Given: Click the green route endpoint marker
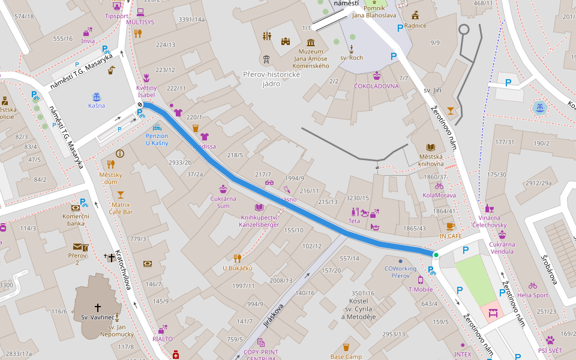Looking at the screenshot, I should coord(436,255).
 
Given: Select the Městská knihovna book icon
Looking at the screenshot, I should coord(431,147).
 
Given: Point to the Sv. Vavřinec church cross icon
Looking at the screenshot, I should coord(98,307).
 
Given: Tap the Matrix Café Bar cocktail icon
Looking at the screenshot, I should coord(121,194).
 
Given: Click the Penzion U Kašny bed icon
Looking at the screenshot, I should coord(157,127).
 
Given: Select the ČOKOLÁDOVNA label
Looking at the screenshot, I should coord(376,86).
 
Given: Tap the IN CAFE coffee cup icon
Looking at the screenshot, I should coord(450,226).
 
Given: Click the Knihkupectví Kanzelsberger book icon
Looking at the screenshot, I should coord(259,207).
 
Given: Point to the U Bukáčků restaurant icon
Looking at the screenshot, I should coord(237,259).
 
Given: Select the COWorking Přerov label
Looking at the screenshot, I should coord(401,272).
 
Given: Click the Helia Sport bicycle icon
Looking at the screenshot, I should coord(532,286).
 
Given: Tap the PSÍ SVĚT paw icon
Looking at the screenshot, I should coord(550,340).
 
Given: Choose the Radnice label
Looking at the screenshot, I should coord(415,25).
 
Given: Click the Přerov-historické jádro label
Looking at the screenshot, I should coord(271,79).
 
